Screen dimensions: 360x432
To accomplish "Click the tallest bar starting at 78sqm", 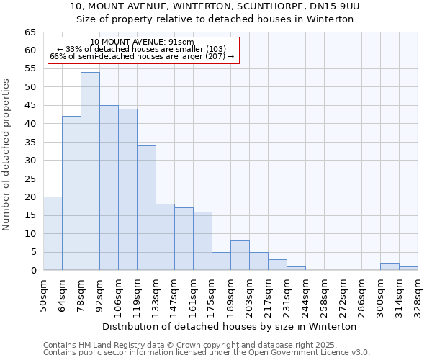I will tap(90, 171).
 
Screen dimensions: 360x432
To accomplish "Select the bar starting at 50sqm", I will tap(53, 233).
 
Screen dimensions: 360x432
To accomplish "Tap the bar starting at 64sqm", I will tap(71, 193).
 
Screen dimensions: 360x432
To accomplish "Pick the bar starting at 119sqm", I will tap(146, 208).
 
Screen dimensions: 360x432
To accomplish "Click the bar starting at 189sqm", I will tap(240, 256).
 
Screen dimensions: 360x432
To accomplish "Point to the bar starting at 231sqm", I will tap(296, 269).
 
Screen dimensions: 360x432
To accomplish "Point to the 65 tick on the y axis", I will tap(30, 32).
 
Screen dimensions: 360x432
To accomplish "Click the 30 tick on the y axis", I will tap(30, 161).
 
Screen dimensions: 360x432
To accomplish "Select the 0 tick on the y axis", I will tap(32, 271).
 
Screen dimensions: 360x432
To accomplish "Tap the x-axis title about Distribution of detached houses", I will tap(230, 326).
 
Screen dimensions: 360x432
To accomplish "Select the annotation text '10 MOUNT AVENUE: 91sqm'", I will tap(142, 42).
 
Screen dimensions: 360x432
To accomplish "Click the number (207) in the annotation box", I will tap(214, 56).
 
